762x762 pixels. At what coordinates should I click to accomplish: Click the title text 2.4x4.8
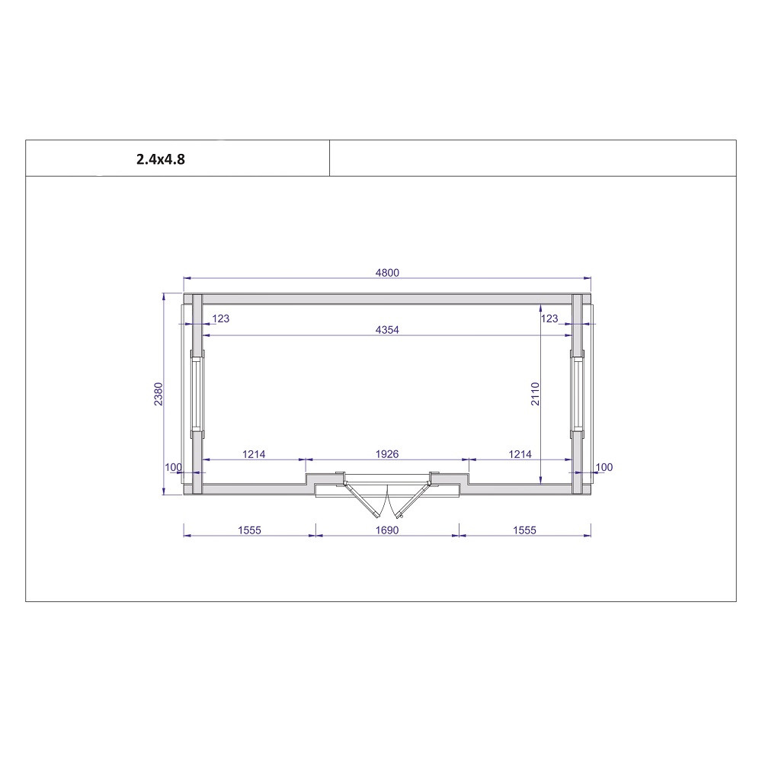pyautogui.click(x=160, y=159)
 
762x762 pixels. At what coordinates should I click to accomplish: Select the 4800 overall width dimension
pyautogui.click(x=387, y=273)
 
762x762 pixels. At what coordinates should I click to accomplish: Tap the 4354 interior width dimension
pyautogui.click(x=387, y=329)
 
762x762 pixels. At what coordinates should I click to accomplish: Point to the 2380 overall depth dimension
pyautogui.click(x=158, y=394)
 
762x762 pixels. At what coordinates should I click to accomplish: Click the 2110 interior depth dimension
pyautogui.click(x=535, y=394)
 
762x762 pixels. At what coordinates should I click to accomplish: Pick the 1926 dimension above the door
pyautogui.click(x=387, y=454)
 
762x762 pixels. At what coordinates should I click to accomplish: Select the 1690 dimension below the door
pyautogui.click(x=387, y=530)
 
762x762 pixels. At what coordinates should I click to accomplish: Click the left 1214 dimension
pyautogui.click(x=254, y=454)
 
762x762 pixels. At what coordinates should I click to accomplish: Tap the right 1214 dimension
pyautogui.click(x=520, y=454)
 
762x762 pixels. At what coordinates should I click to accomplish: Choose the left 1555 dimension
pyautogui.click(x=249, y=530)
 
